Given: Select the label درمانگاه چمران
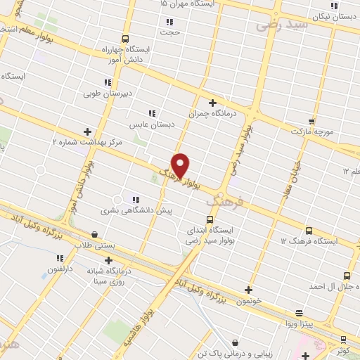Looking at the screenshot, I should [x=214, y=112].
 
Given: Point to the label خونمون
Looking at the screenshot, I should [x=249, y=300].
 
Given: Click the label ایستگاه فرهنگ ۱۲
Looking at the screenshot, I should [x=309, y=241].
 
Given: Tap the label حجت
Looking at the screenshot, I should [x=169, y=32].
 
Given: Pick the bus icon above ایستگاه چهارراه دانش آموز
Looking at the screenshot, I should [x=125, y=39].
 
